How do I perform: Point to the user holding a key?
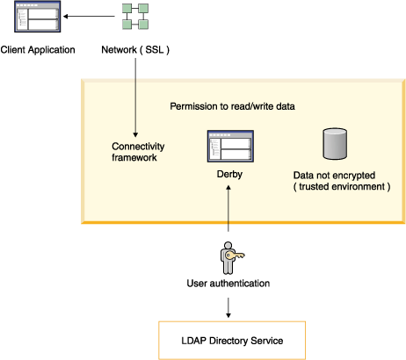[x=228, y=257]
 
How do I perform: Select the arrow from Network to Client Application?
[x=88, y=18]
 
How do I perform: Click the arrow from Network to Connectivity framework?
[x=134, y=97]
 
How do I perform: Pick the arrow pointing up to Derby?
[x=228, y=211]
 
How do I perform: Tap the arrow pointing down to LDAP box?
[x=228, y=306]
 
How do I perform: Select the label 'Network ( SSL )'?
[x=135, y=49]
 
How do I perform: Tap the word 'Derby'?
[x=229, y=175]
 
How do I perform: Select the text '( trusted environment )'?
[x=342, y=187]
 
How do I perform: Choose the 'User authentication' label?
[x=228, y=284]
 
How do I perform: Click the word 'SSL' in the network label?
[x=153, y=49]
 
